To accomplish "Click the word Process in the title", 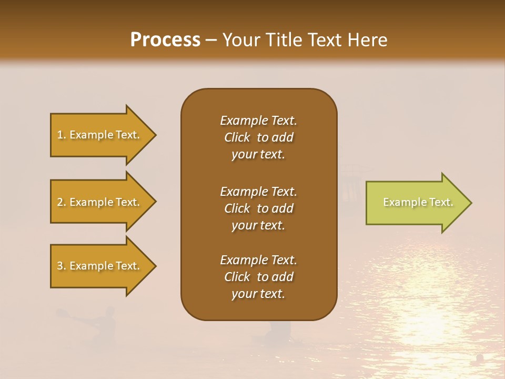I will (165, 40).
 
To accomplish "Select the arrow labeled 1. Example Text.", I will (98, 135).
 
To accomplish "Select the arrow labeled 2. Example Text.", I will (98, 202).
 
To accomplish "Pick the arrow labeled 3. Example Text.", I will (98, 266).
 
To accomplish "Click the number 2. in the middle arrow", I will (62, 202).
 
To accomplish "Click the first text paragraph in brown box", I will (258, 137).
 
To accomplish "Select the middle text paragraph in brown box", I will (258, 208).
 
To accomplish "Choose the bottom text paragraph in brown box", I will (258, 277).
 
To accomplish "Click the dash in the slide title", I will (211, 40).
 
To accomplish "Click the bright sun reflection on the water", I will (426, 321).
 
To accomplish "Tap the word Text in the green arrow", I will (441, 202).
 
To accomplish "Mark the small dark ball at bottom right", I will (479, 358).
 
